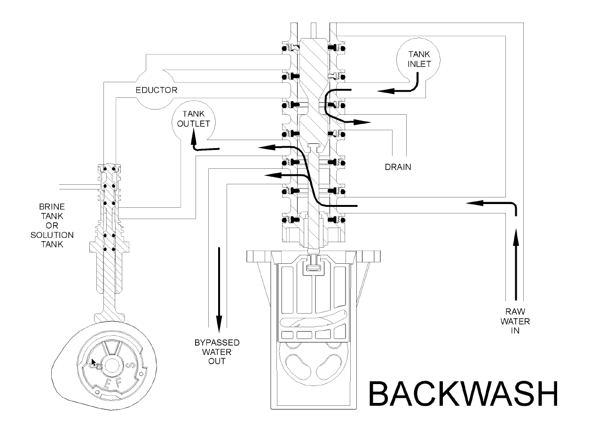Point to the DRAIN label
point(397,166)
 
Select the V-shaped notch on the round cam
point(109,348)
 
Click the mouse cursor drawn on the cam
point(94,363)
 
